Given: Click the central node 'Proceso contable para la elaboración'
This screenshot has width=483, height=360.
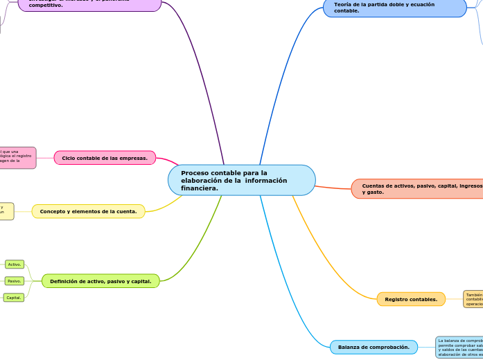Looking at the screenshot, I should tap(241, 180).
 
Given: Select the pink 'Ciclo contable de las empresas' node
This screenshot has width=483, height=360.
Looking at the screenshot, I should tap(105, 158).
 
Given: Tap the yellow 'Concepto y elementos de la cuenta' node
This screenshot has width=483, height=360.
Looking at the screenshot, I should tap(89, 211).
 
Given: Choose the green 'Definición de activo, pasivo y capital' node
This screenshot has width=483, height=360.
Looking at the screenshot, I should tap(100, 281).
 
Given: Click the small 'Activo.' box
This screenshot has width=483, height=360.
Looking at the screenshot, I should tap(15, 264).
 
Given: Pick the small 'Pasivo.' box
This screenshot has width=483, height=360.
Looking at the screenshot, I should tap(15, 281).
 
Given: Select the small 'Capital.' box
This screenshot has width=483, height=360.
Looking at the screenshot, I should tap(14, 298).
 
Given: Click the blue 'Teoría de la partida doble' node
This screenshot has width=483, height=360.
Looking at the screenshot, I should tap(394, 8).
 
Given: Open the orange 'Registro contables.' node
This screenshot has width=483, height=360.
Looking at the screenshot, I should tap(411, 299).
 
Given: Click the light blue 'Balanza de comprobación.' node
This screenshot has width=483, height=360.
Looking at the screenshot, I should tap(374, 347).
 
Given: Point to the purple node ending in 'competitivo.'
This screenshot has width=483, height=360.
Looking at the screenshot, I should tap(89, 5).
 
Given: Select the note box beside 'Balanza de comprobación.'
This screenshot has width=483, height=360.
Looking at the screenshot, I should tap(459, 347).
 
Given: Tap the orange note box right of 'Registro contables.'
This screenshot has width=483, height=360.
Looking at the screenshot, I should tap(473, 299).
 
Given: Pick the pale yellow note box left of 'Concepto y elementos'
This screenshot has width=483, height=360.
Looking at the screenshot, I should tap(6, 211).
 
